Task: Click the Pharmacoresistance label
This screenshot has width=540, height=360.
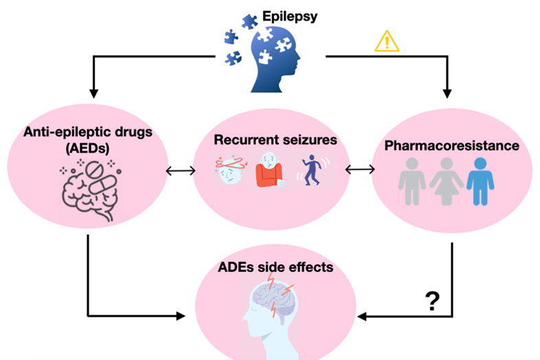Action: pos(451,146)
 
